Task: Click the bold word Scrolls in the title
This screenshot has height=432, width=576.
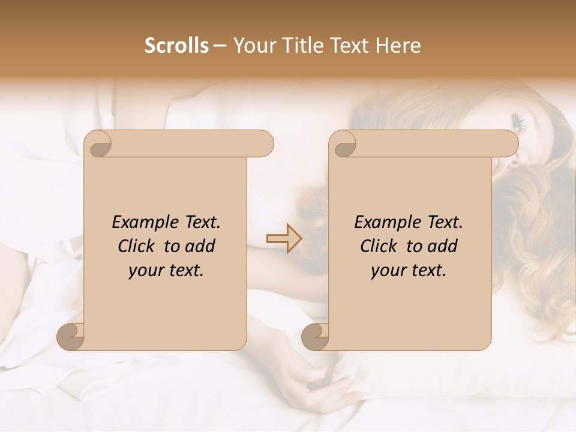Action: pyautogui.click(x=177, y=46)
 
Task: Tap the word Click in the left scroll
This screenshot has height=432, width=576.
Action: pyautogui.click(x=137, y=246)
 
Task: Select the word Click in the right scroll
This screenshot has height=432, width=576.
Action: pyautogui.click(x=379, y=246)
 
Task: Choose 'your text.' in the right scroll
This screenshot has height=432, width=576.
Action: pyautogui.click(x=409, y=271)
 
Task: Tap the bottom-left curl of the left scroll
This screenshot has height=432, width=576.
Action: pyautogui.click(x=71, y=337)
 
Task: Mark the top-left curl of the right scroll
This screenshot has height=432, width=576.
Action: pyautogui.click(x=344, y=144)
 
